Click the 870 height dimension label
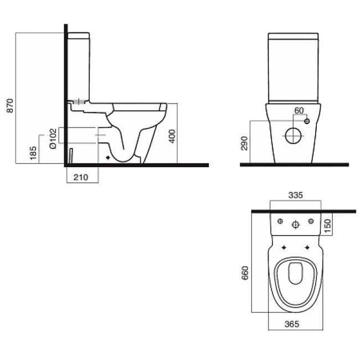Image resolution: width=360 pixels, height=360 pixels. point(10,106)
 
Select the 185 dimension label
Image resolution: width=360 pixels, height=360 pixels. point(33,153)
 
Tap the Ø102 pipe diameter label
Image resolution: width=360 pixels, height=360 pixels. point(53,138)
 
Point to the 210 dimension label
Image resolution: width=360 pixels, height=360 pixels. point(81,177)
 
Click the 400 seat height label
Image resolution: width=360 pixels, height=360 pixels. point(172,136)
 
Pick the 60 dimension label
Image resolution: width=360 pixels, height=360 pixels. point(299,111)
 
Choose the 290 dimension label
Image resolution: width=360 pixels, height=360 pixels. point(244,143)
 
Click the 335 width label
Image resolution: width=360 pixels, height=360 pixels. point(296,195)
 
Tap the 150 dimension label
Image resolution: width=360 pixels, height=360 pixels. point(328,225)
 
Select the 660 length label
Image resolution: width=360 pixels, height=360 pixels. point(245,272)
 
